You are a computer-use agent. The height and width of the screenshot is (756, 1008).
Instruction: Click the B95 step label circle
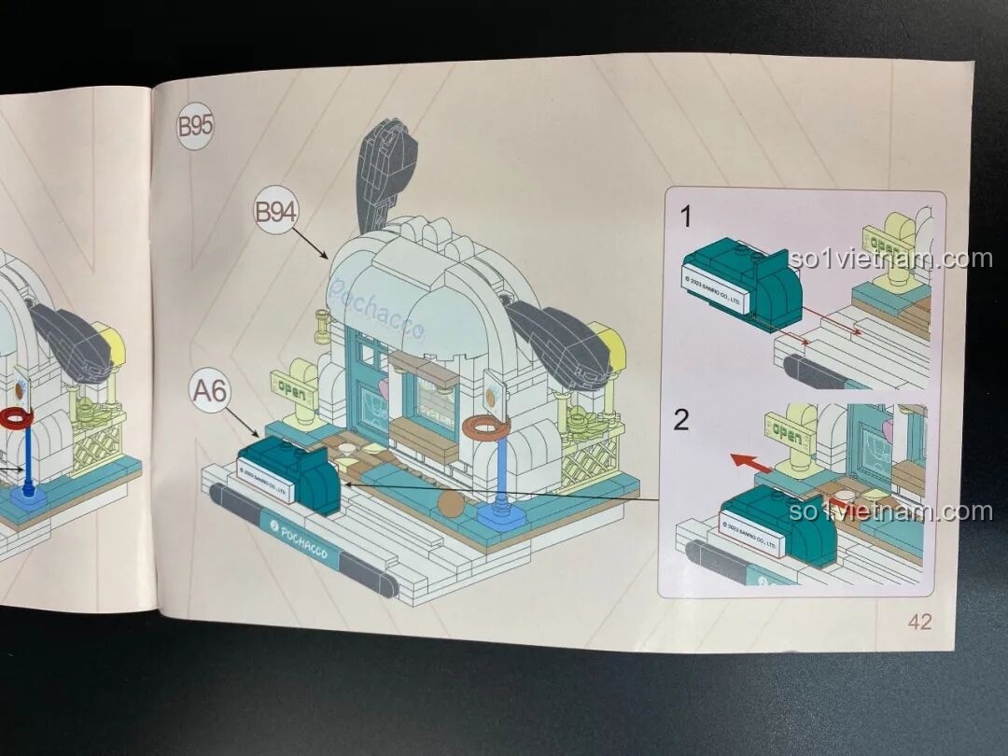click(195, 126)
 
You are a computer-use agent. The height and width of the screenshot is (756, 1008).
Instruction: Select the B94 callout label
click(275, 213)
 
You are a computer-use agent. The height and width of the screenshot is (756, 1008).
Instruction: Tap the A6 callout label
click(211, 392)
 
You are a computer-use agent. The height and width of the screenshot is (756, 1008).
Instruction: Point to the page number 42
click(919, 622)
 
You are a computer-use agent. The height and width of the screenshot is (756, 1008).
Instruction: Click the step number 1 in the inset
click(686, 218)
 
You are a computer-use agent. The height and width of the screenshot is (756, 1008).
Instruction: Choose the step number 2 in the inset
click(681, 420)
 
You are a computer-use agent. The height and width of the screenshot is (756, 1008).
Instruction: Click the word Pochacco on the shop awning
click(376, 308)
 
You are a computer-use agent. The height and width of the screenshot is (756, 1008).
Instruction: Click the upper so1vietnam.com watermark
click(889, 259)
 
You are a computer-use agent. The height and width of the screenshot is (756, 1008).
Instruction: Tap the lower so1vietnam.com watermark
click(889, 511)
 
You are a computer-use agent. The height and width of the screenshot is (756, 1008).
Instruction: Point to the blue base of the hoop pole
click(501, 514)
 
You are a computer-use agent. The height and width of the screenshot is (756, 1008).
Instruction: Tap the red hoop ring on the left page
click(16, 417)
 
